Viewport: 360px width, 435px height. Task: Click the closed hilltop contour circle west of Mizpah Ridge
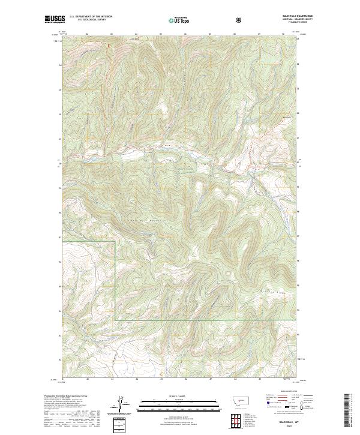click(x=229, y=274)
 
